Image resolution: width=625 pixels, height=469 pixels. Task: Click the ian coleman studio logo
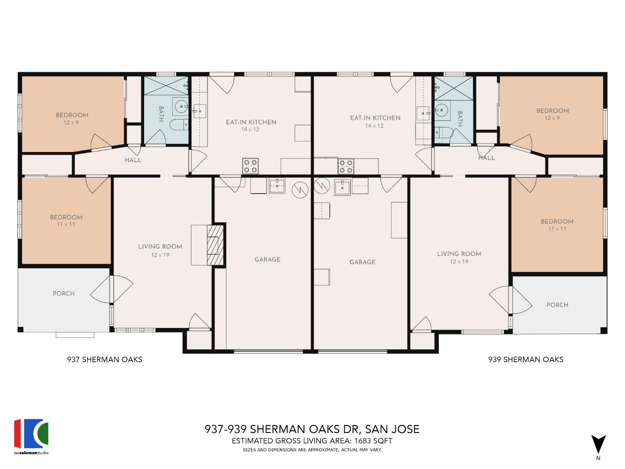point(31,434)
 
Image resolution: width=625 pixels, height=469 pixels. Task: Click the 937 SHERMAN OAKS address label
point(105,359)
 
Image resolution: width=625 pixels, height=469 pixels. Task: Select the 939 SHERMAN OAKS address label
point(526,359)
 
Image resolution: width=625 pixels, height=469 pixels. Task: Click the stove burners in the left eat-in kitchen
point(250,166)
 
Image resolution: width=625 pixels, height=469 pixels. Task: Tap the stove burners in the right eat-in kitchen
point(346,166)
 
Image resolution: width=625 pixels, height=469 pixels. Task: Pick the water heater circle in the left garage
point(299,189)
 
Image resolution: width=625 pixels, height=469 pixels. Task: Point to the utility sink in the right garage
point(342,187)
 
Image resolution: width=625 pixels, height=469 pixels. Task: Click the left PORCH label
point(64,294)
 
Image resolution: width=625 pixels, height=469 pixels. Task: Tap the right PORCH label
point(557,305)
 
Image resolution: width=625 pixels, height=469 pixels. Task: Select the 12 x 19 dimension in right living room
point(459,261)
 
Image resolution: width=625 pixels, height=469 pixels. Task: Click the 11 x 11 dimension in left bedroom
point(66,224)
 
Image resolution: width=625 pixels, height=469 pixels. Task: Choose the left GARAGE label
point(267,259)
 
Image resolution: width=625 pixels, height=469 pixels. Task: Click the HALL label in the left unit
point(133,160)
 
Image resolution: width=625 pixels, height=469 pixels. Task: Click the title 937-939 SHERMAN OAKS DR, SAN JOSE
point(312,429)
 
